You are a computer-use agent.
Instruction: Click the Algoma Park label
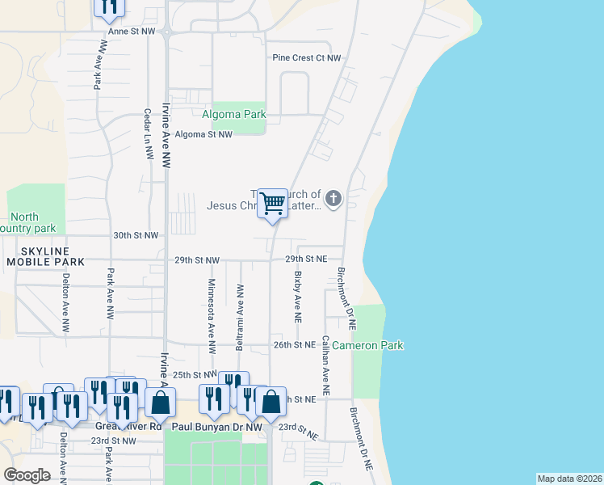(x=234, y=115)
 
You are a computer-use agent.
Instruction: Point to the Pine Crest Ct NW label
(x=306, y=58)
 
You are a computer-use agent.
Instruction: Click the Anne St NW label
(x=131, y=31)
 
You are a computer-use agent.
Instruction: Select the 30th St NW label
(x=135, y=235)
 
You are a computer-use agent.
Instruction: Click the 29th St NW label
(x=196, y=260)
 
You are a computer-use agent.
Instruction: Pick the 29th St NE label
(x=306, y=259)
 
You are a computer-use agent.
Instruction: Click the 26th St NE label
(x=292, y=344)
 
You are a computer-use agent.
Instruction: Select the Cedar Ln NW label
(x=148, y=135)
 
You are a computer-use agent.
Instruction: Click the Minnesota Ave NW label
(x=212, y=317)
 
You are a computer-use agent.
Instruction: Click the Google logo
(x=27, y=475)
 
